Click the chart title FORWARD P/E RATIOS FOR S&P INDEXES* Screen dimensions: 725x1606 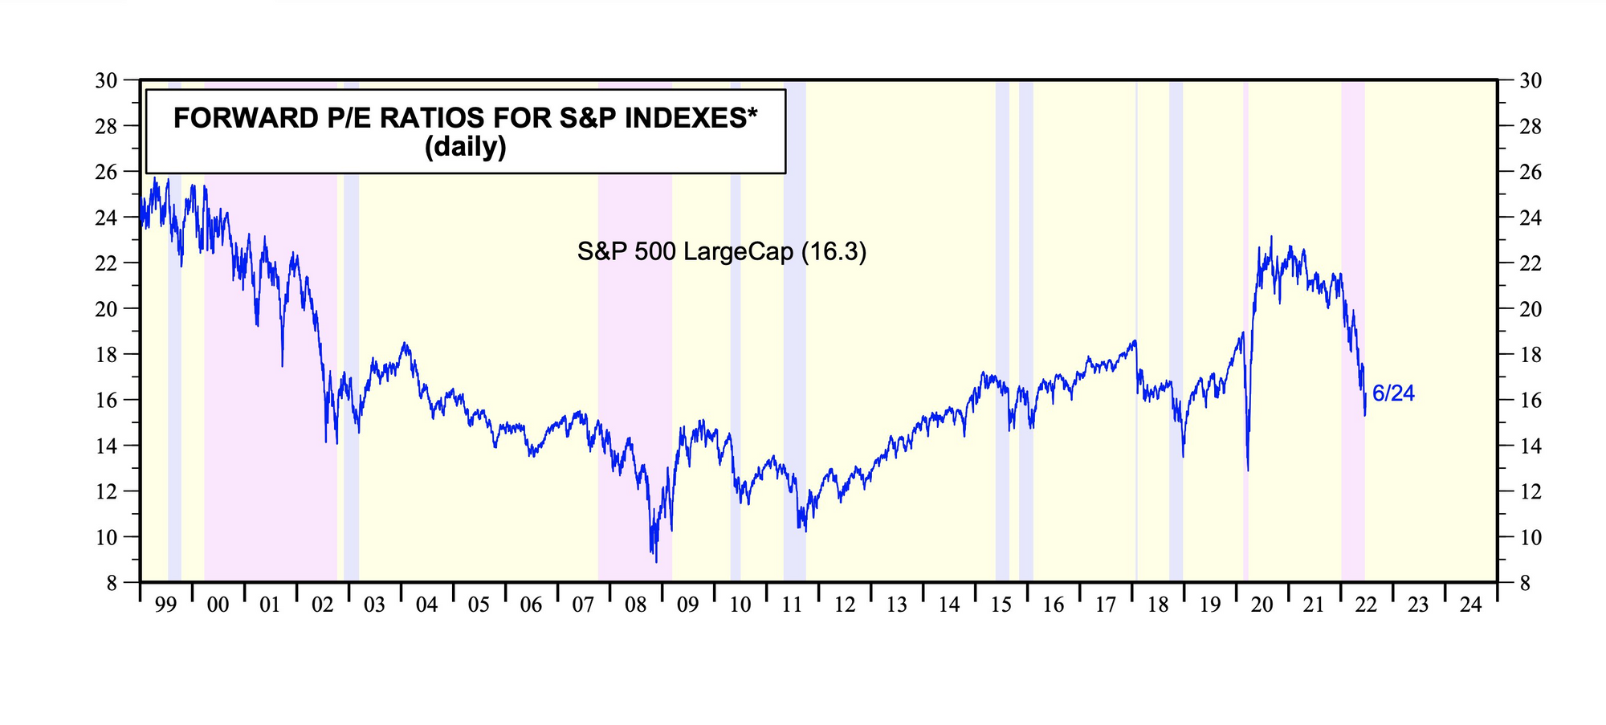465,118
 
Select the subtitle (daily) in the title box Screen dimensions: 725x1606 465,147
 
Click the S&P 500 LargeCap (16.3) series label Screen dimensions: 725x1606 722,252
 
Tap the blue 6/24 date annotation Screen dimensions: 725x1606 1393,393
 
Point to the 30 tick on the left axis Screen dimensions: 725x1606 107,81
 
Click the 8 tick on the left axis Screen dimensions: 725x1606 112,583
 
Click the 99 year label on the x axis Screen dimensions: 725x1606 165,605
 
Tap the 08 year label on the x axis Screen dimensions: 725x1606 635,605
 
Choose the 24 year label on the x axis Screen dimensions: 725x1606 1470,605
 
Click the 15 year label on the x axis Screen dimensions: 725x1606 1001,605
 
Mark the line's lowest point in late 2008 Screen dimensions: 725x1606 656,561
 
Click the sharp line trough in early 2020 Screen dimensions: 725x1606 1247,470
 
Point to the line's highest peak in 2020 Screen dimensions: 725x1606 1271,237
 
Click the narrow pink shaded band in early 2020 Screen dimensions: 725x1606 1245,321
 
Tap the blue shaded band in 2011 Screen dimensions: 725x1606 794,321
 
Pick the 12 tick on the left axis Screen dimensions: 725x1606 107,491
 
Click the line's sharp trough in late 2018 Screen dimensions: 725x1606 1183,456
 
